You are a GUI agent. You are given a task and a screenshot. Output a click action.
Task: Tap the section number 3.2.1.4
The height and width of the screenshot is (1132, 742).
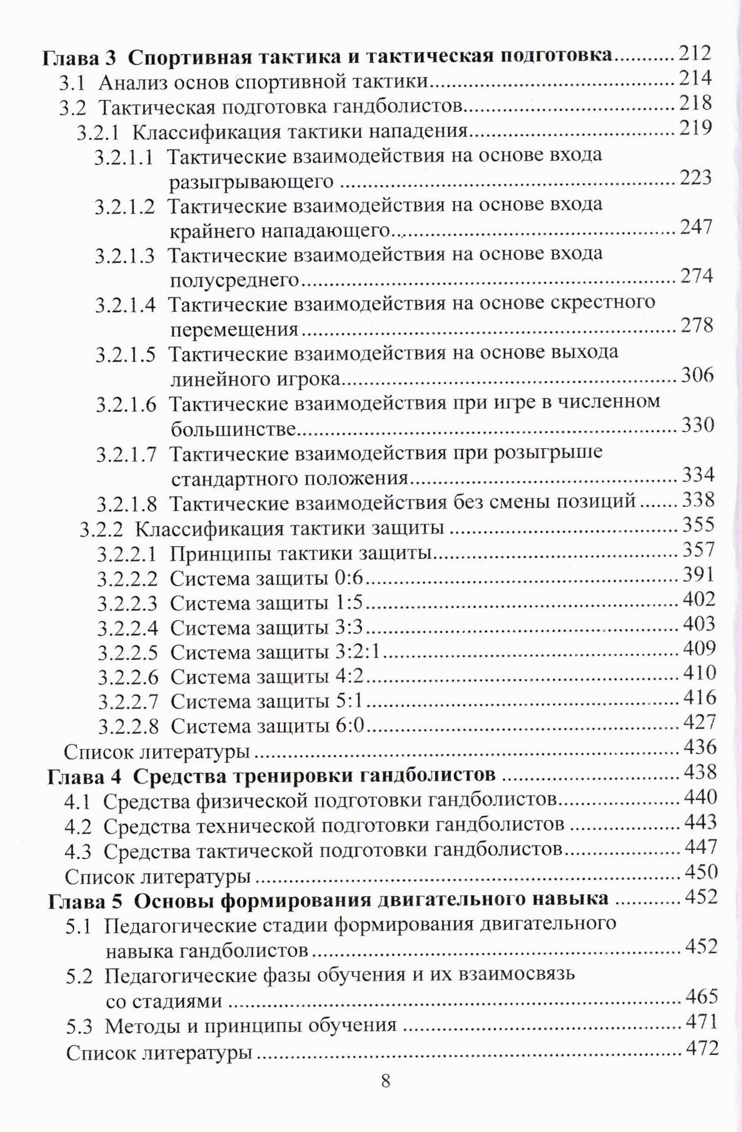(125, 305)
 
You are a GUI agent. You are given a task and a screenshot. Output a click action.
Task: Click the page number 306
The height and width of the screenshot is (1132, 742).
(697, 375)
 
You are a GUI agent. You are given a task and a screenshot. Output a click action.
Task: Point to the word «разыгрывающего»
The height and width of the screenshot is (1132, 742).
(251, 182)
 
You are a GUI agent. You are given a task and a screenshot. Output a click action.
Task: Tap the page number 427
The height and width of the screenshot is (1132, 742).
(700, 721)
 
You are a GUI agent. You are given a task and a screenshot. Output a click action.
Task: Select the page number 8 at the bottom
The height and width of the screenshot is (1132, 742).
(385, 1081)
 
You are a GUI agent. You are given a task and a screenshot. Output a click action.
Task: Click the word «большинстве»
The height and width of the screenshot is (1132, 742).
(234, 430)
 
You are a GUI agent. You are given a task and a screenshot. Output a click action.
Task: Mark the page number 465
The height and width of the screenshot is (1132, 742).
(702, 996)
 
